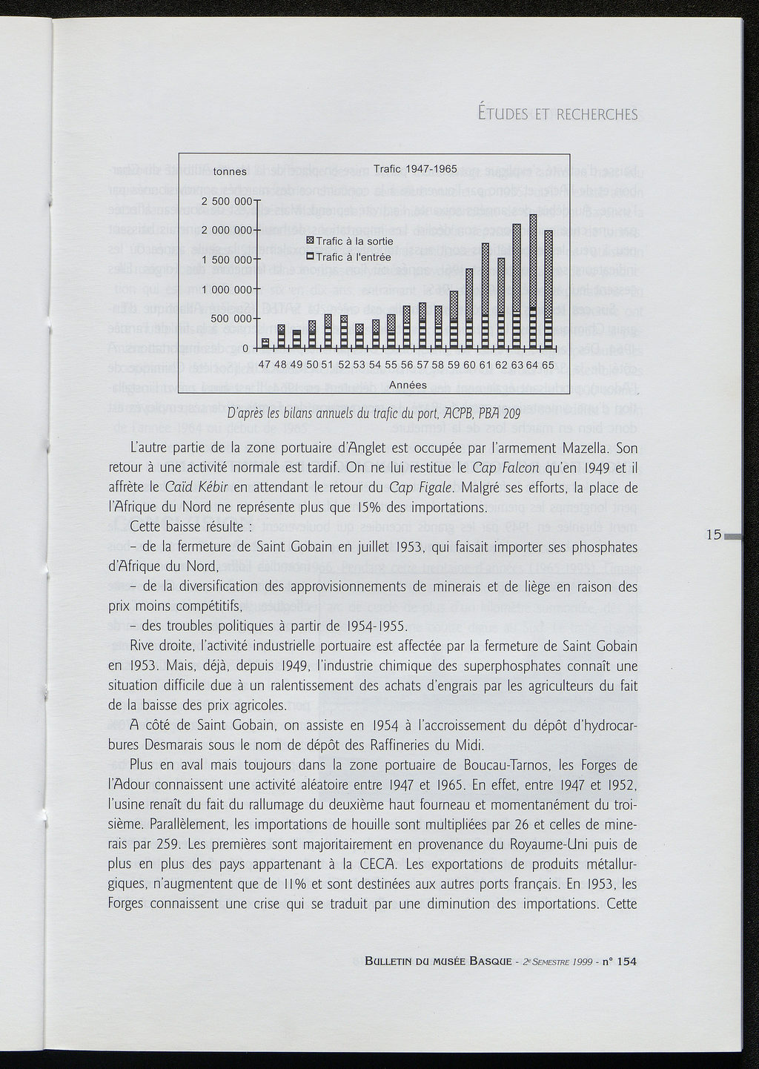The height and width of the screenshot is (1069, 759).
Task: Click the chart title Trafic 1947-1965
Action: pos(415,169)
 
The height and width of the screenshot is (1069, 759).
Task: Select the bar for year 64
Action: pos(533,282)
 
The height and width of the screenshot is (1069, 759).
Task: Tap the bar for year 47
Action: pos(265,343)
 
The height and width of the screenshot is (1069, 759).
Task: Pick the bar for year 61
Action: pos(485,296)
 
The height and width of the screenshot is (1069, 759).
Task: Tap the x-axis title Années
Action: pos(408,385)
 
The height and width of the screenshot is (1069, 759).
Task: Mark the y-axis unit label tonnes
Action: pos(230,172)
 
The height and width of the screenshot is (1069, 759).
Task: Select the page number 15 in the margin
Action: pos(714,534)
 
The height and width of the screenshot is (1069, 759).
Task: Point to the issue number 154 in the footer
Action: pos(626,962)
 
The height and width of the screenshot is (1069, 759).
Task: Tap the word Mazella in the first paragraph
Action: pos(586,449)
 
